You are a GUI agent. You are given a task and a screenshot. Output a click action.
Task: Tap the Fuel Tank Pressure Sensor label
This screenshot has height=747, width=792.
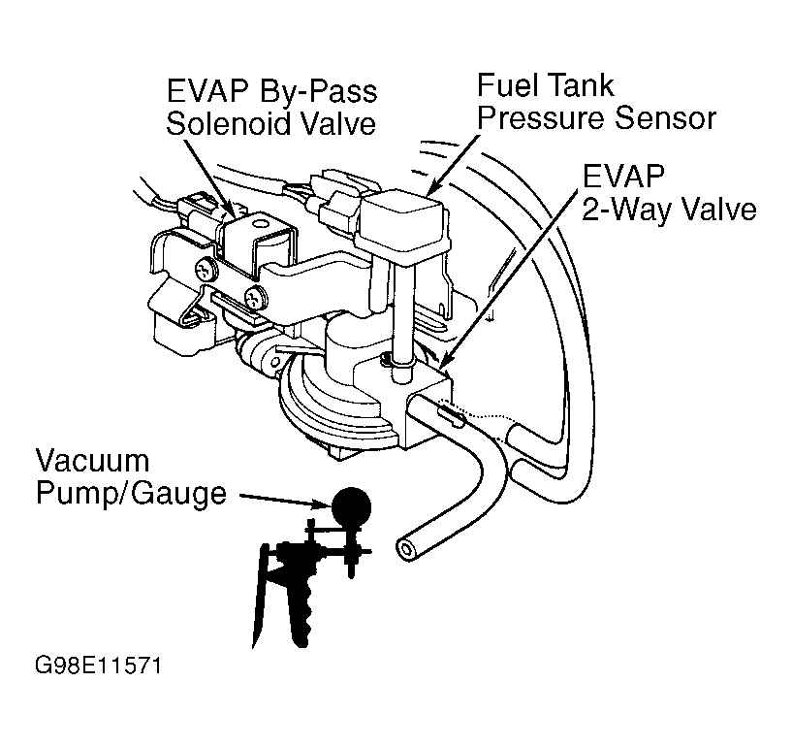pos(595,101)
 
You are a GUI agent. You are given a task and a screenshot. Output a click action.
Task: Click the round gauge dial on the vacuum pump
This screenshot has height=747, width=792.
pos(351,504)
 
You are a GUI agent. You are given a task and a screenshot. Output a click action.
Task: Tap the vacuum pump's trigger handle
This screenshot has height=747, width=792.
pos(260,592)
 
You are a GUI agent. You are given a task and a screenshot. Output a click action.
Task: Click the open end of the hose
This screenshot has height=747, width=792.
pos(405,549)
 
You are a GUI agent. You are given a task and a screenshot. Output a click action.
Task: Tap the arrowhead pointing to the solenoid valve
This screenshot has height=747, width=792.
pos(233,206)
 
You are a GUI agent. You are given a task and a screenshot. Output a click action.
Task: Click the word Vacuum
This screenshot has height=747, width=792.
pos(93,460)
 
